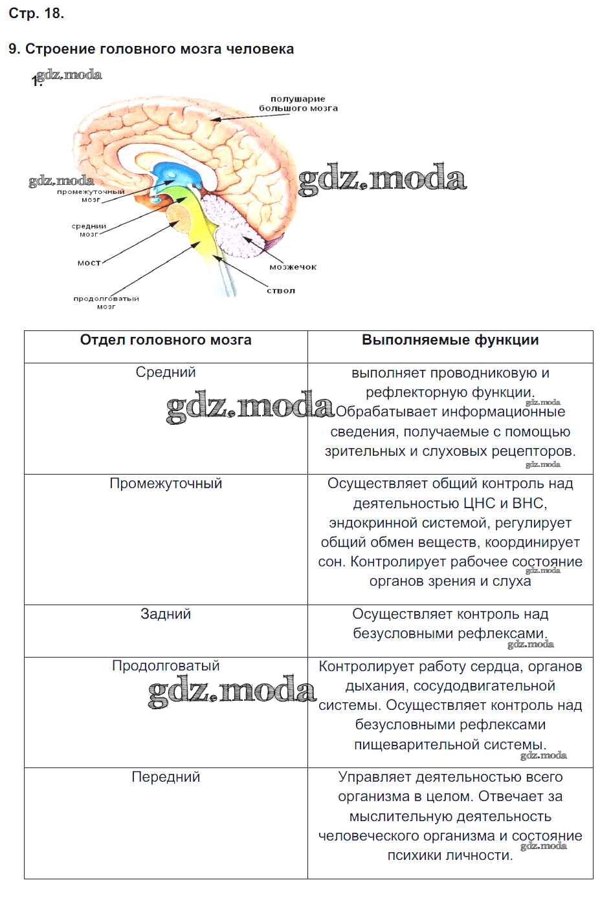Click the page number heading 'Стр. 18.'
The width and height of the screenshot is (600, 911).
36,14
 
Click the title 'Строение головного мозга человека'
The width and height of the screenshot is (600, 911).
159,49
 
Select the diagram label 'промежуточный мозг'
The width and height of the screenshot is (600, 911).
91,196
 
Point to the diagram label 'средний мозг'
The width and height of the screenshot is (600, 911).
89,230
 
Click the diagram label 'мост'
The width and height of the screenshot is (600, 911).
89,263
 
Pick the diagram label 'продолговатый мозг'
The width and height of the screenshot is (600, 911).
106,303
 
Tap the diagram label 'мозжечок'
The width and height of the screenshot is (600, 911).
293,267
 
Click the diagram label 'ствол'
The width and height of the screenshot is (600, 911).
281,291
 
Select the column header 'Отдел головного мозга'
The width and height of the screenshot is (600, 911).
166,341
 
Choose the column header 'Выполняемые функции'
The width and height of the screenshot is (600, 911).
450,341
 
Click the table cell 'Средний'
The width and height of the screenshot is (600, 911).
166,372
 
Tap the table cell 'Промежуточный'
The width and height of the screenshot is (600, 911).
166,484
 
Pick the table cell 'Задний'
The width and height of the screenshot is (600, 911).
166,614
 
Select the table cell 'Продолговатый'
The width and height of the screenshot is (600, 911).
166,666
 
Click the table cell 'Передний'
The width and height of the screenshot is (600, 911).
166,777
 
